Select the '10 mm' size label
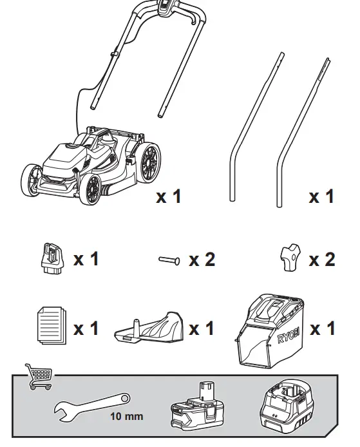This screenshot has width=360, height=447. click(x=126, y=416)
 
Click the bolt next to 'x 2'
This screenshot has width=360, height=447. click(x=169, y=260)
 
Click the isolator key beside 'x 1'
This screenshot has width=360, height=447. click(x=50, y=259)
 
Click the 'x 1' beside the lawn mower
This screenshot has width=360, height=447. click(x=169, y=196)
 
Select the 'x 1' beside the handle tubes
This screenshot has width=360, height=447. click(x=322, y=196)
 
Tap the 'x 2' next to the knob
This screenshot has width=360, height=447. click(x=322, y=260)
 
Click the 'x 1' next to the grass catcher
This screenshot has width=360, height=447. click(x=323, y=328)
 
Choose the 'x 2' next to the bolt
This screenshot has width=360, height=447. click(x=202, y=260)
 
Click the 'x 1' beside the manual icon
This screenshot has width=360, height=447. click(x=86, y=328)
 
